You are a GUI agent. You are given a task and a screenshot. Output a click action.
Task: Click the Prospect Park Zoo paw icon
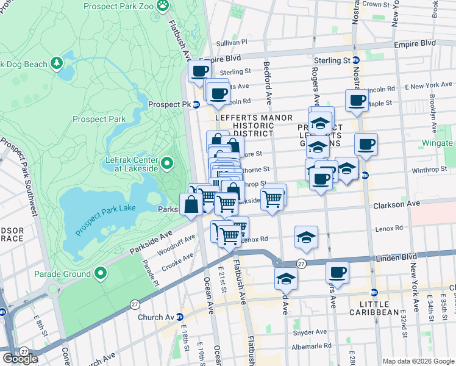coord(162,6)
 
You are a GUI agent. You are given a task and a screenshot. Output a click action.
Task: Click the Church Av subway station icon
coord(179,317)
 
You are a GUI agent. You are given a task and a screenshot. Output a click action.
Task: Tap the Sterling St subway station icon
coord(355,61)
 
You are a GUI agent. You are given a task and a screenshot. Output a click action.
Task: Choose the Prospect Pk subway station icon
coord(196,105)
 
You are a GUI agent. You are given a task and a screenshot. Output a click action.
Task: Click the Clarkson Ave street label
coord(397,204)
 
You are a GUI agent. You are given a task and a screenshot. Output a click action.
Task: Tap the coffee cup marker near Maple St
coord(357,99)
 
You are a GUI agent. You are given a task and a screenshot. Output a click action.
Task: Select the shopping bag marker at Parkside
coord(191,204)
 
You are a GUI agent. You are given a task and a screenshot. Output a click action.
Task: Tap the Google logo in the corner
coord(20,359)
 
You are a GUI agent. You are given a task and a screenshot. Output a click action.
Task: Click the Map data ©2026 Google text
coord(418,361)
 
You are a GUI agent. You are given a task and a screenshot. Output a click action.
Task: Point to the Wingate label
coord(438,143)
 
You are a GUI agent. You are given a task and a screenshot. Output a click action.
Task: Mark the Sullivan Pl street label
coord(232,43)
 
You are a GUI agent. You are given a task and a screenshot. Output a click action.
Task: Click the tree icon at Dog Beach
coord(56,63)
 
